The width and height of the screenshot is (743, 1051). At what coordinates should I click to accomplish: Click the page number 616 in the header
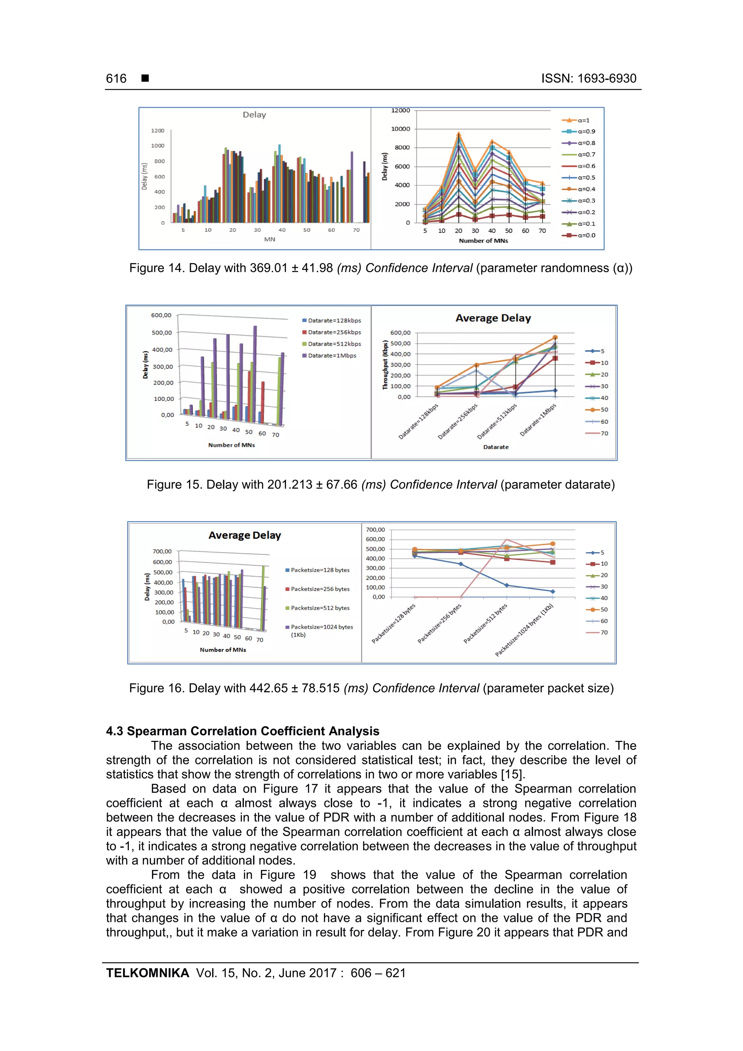(x=116, y=79)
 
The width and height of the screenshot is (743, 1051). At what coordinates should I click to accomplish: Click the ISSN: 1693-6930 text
(x=588, y=79)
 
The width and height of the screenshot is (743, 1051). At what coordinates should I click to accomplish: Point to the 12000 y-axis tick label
(x=401, y=110)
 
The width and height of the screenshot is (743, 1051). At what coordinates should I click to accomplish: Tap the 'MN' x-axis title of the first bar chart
(x=270, y=239)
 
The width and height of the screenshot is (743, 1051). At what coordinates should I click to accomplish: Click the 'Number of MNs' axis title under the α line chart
(x=484, y=241)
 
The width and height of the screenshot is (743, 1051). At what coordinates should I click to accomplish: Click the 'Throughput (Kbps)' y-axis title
(x=385, y=365)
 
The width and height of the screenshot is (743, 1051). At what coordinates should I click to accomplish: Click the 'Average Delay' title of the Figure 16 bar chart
(x=245, y=535)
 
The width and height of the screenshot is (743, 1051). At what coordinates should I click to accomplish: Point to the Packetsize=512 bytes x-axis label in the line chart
(x=485, y=624)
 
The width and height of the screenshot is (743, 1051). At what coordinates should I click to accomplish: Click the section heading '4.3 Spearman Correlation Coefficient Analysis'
(x=243, y=731)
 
